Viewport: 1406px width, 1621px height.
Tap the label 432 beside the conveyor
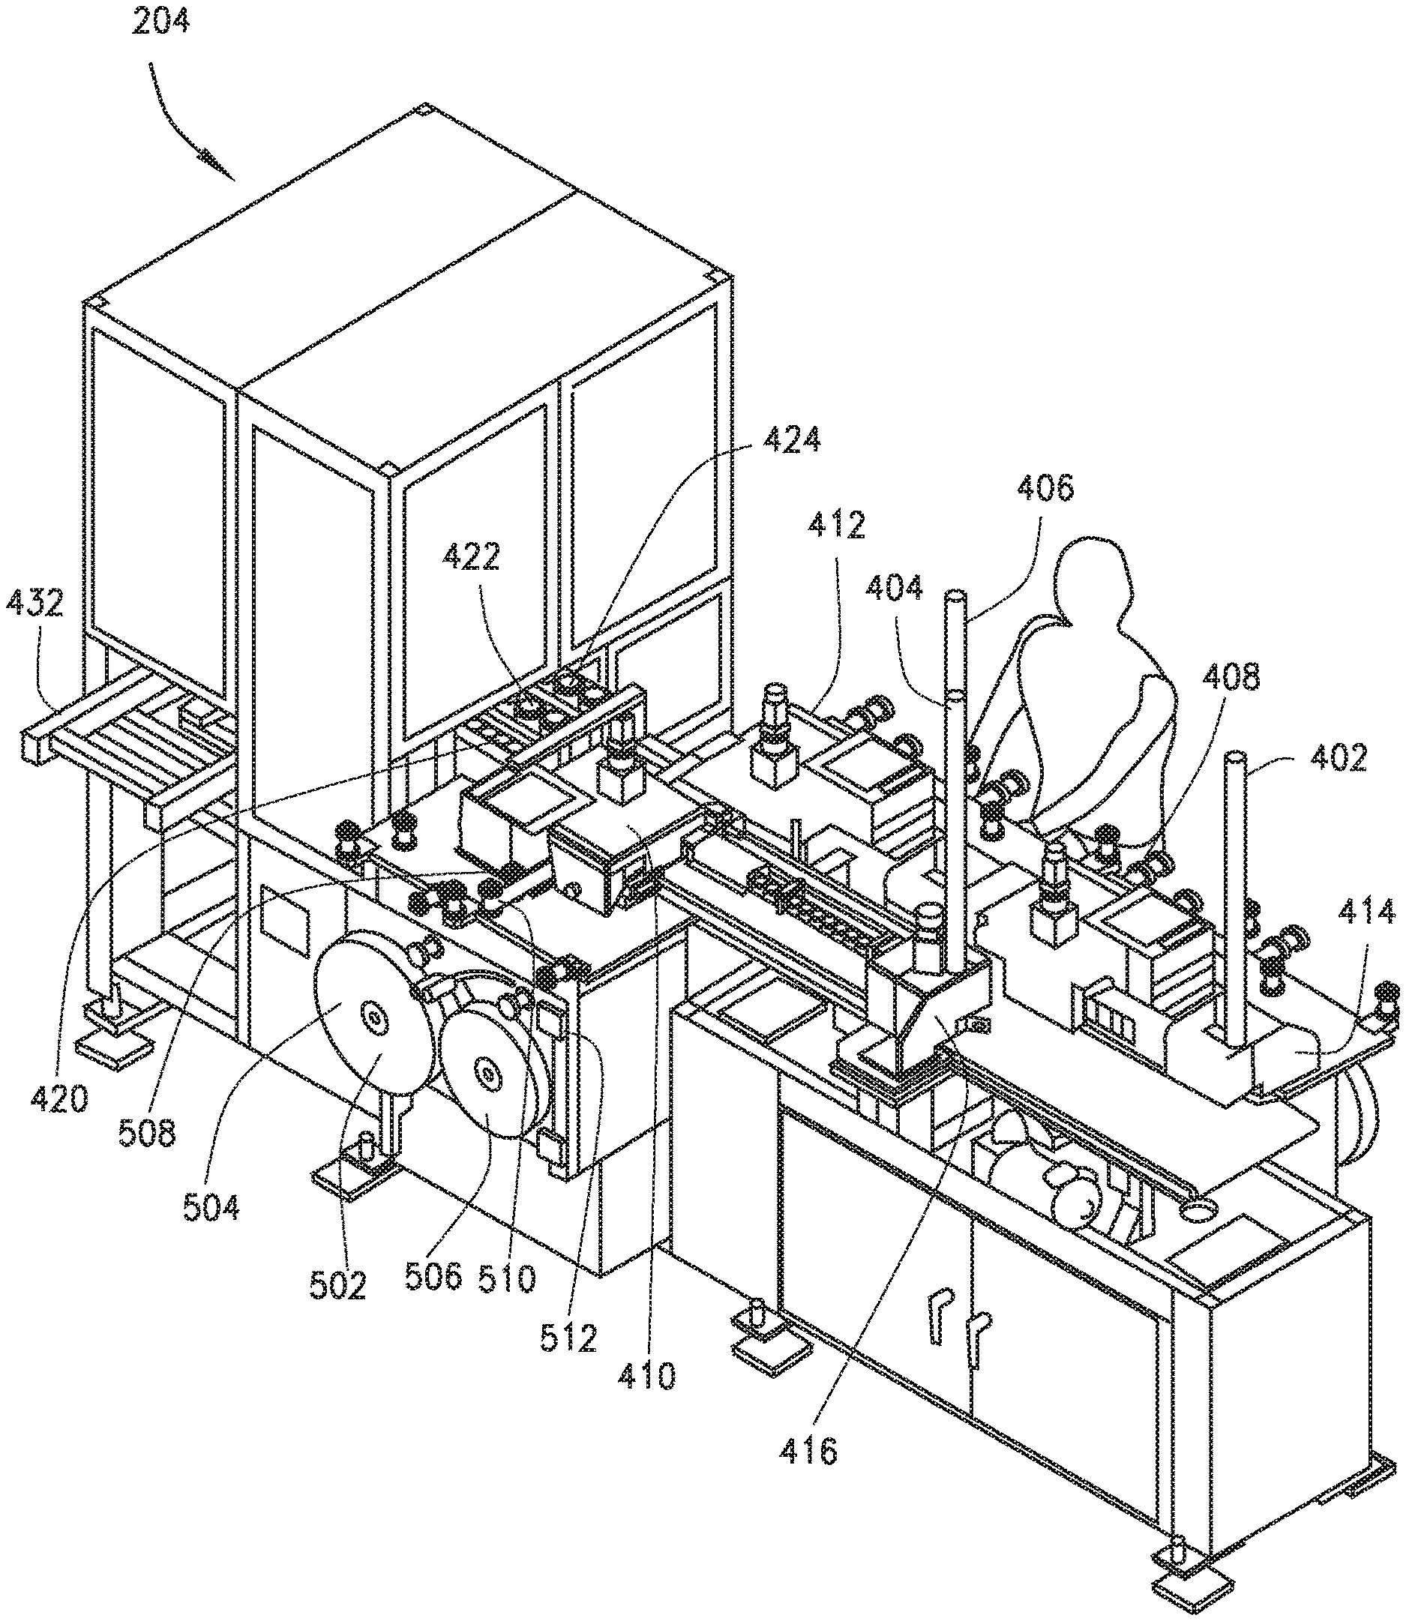coord(34,604)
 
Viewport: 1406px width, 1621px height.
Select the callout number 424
coord(791,439)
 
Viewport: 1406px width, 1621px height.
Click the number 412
coord(837,524)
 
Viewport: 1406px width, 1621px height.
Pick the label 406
coord(1045,488)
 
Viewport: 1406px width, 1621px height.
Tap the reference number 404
coord(895,587)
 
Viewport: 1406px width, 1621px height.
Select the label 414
coord(1368,912)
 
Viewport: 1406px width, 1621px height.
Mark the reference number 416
coord(809,1452)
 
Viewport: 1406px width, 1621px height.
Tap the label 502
coord(338,1285)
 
